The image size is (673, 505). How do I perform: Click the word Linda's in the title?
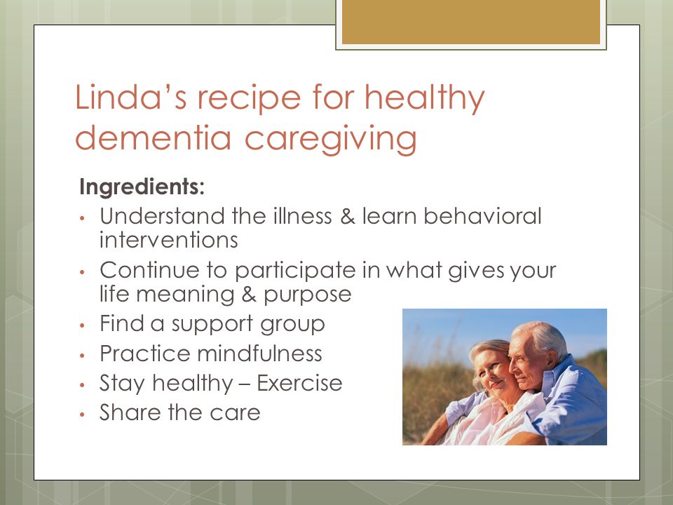pyautogui.click(x=131, y=97)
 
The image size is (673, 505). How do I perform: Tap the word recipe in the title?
pyautogui.click(x=250, y=99)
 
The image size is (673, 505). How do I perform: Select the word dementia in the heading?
pyautogui.click(x=154, y=138)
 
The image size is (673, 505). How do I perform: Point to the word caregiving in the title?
pyautogui.click(x=330, y=140)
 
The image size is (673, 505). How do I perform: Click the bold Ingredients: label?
pyautogui.click(x=142, y=187)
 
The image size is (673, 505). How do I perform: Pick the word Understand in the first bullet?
pyautogui.click(x=162, y=215)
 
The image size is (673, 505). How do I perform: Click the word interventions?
pyautogui.click(x=169, y=240)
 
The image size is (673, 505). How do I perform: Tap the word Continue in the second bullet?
pyautogui.click(x=150, y=270)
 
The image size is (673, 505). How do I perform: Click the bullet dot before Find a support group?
pyautogui.click(x=83, y=325)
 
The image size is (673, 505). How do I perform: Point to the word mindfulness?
pyautogui.click(x=259, y=353)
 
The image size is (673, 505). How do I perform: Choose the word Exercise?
pyautogui.click(x=299, y=383)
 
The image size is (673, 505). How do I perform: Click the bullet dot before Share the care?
pyautogui.click(x=83, y=415)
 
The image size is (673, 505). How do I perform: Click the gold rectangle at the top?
pyautogui.click(x=471, y=22)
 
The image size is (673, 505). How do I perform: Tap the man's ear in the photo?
pyautogui.click(x=551, y=358)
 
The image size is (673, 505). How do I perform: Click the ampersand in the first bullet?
pyautogui.click(x=347, y=216)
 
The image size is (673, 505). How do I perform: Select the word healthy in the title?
pyautogui.click(x=425, y=99)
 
